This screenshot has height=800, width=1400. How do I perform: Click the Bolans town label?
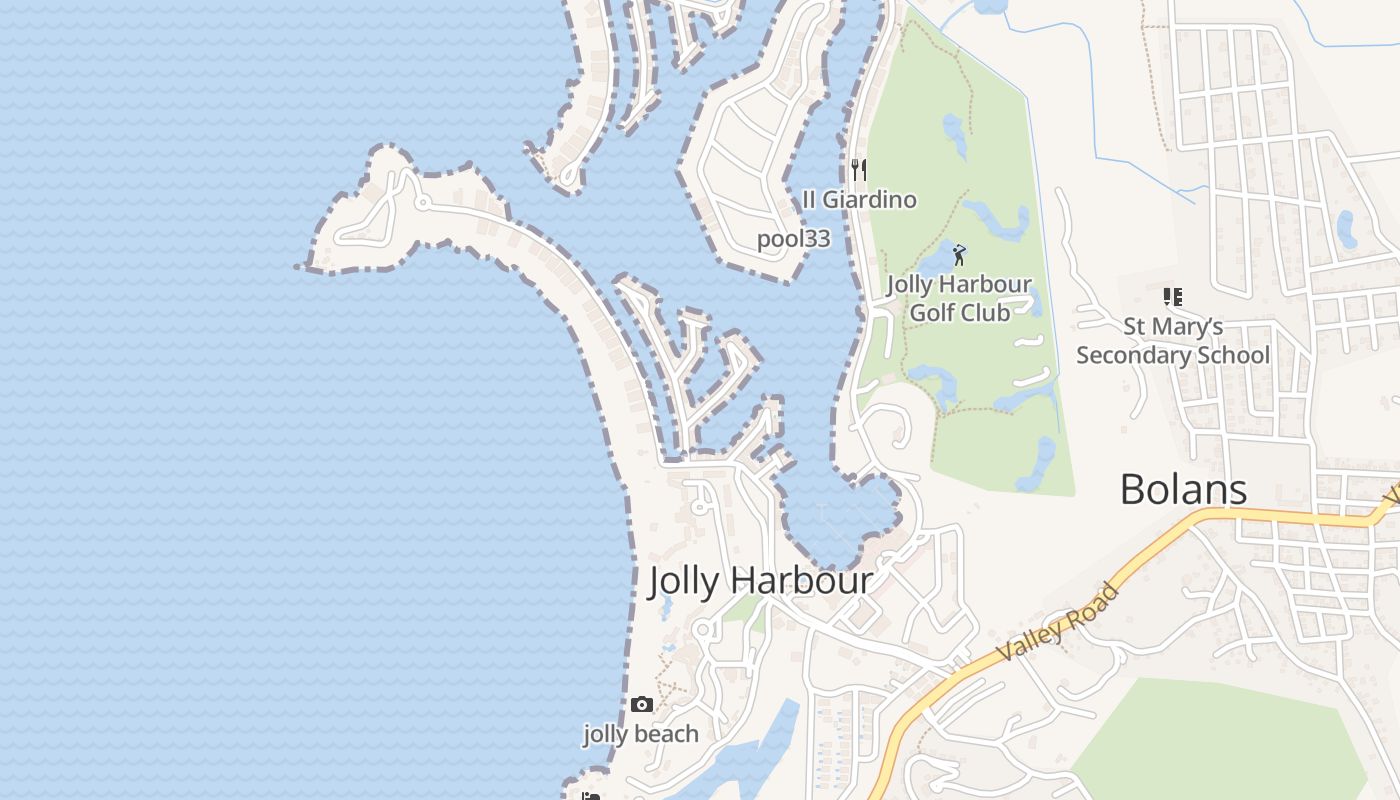(1183, 490)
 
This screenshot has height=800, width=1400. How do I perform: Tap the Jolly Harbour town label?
(760, 581)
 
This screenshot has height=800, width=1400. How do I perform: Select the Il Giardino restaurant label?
(859, 200)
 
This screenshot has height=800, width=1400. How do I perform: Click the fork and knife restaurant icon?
(858, 169)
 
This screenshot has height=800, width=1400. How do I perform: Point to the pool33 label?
(793, 239)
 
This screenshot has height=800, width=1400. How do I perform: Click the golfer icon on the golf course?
(959, 255)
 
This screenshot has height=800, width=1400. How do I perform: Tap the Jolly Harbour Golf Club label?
(959, 298)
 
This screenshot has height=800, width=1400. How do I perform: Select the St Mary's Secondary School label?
(1173, 341)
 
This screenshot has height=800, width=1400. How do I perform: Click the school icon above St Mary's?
(1173, 297)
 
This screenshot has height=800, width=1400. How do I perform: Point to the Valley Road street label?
(1058, 623)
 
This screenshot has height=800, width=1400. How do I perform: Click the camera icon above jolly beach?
(642, 705)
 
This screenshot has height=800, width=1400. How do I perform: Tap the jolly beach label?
(641, 734)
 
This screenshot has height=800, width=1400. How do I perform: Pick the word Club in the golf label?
(986, 313)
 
